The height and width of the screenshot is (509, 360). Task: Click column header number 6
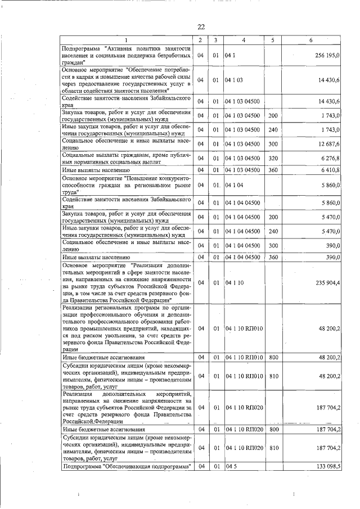[x=311, y=40]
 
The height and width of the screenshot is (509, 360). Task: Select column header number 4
[x=243, y=40]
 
